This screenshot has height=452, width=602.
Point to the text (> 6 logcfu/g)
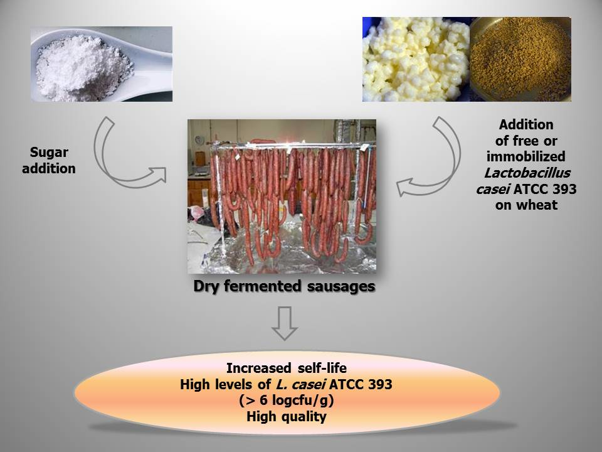tap(287, 401)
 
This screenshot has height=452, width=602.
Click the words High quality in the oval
tap(287, 416)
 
